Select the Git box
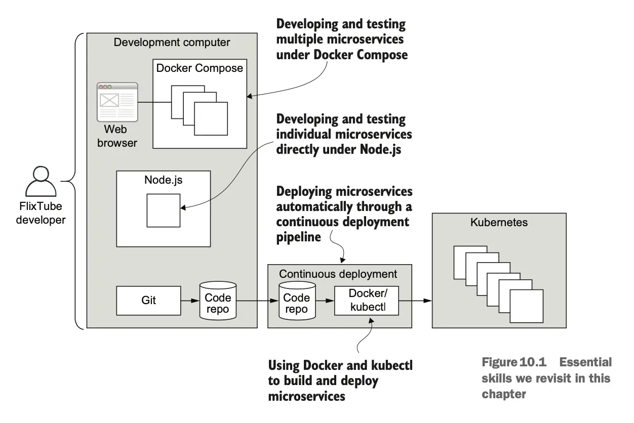(149, 300)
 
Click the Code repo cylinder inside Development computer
(218, 300)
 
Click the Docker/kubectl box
(367, 301)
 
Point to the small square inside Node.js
(164, 210)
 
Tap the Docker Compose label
(200, 68)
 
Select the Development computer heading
(172, 42)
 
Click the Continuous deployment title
(338, 274)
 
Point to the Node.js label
(163, 180)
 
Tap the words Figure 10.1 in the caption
(514, 362)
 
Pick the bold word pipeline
(299, 237)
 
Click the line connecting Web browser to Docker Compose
(154, 103)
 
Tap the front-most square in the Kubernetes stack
(526, 306)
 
